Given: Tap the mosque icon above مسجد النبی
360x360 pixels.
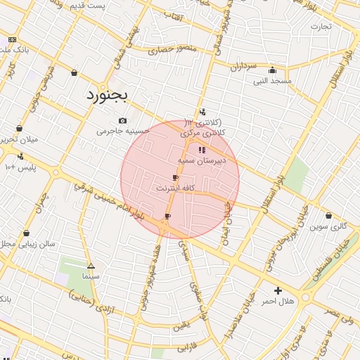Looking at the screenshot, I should click(272, 70).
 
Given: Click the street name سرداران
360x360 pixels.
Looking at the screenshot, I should click(245, 67).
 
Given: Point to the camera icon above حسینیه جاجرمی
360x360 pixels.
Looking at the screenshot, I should click(123, 120).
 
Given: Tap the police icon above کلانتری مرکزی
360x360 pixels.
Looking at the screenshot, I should click(202, 111).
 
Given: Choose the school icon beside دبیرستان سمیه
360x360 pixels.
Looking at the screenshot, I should click(202, 150).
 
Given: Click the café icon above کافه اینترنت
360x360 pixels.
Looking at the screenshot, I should click(175, 178).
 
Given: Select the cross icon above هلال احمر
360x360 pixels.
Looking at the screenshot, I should click(278, 290).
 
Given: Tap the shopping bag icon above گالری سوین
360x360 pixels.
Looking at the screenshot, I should click(328, 216).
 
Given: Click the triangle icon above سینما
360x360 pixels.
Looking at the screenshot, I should click(91, 266).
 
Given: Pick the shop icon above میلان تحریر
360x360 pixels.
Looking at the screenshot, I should click(19, 128).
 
